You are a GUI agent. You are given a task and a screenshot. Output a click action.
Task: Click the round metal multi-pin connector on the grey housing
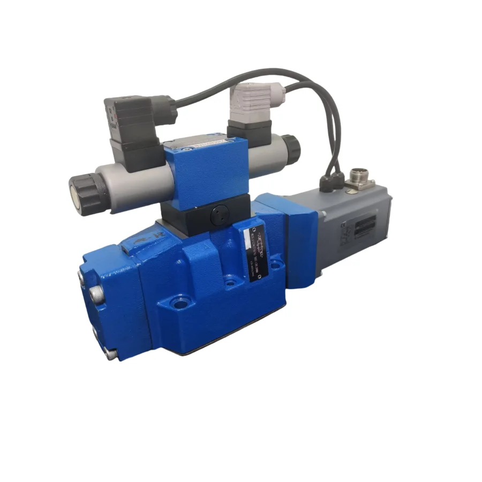tap(357, 177)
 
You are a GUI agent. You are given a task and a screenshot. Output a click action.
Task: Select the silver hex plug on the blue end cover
tap(96, 293)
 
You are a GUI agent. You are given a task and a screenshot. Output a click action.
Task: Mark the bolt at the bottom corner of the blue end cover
tap(110, 354)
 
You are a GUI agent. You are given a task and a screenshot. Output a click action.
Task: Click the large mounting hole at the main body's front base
tap(179, 305)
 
